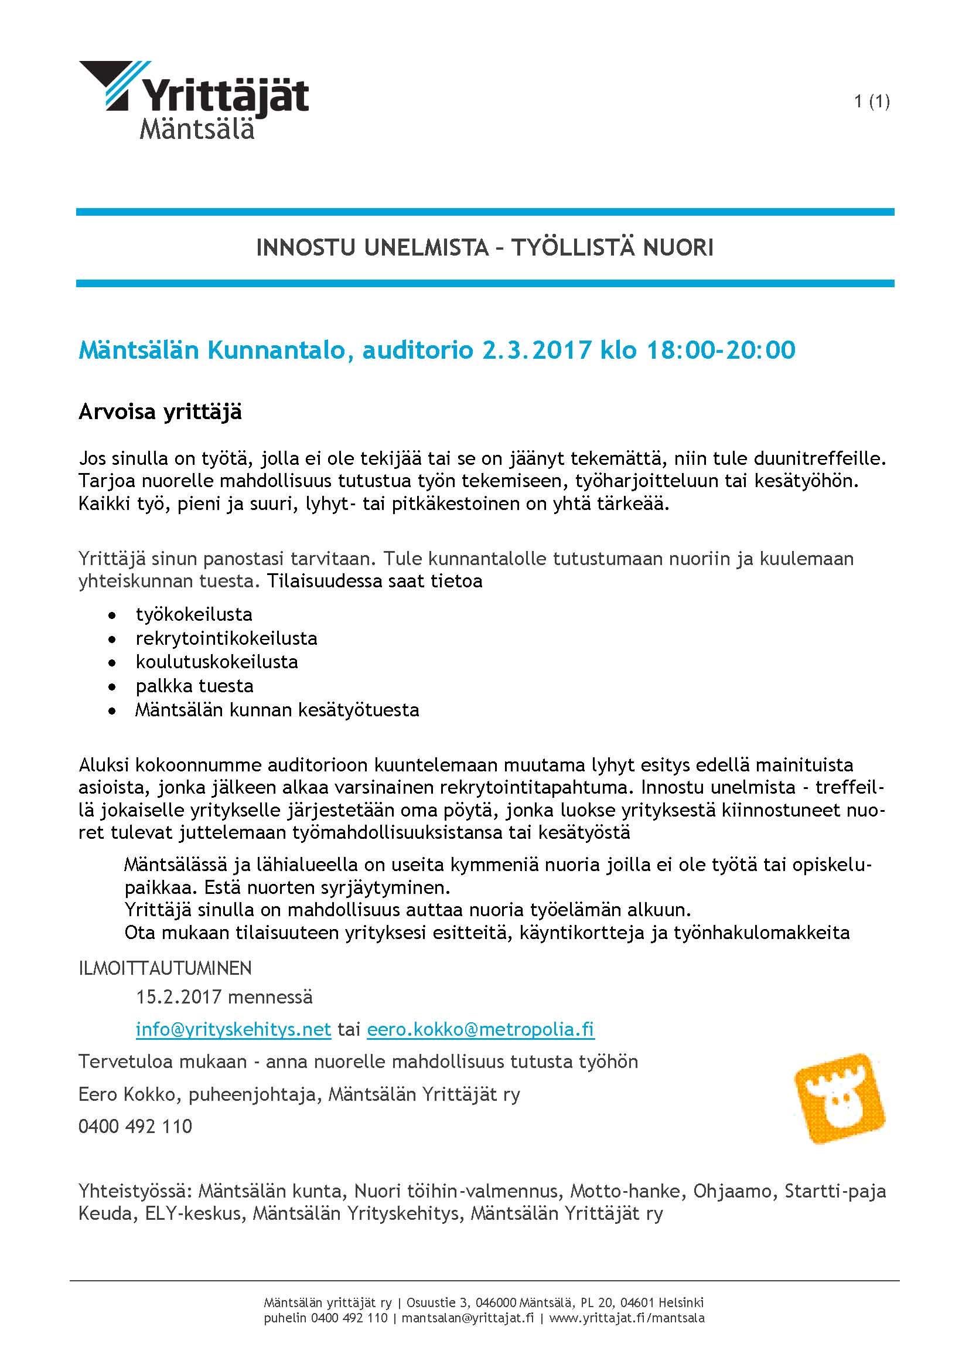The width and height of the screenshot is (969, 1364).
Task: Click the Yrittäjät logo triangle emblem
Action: click(114, 84)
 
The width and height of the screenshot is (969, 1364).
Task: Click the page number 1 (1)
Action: click(871, 101)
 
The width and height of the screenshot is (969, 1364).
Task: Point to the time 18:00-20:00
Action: click(721, 350)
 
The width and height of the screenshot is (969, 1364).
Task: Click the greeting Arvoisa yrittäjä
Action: click(160, 412)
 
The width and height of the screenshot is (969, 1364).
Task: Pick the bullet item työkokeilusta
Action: click(194, 614)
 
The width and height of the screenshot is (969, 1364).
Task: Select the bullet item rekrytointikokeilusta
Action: click(226, 638)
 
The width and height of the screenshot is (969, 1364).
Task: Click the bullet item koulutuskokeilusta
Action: click(217, 662)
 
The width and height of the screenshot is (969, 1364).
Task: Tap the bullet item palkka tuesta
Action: click(195, 686)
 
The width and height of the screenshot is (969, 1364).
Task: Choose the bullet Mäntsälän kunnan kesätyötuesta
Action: click(277, 710)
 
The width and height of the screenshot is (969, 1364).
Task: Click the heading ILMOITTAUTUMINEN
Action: click(165, 968)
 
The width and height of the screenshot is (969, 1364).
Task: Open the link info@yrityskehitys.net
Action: click(233, 1029)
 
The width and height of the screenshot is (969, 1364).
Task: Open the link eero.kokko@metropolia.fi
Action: click(480, 1029)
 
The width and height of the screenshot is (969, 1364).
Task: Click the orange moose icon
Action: click(839, 1098)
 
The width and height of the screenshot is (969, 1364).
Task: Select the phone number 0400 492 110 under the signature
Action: click(135, 1127)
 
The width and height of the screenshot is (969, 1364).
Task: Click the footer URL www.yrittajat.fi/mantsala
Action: click(626, 1318)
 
